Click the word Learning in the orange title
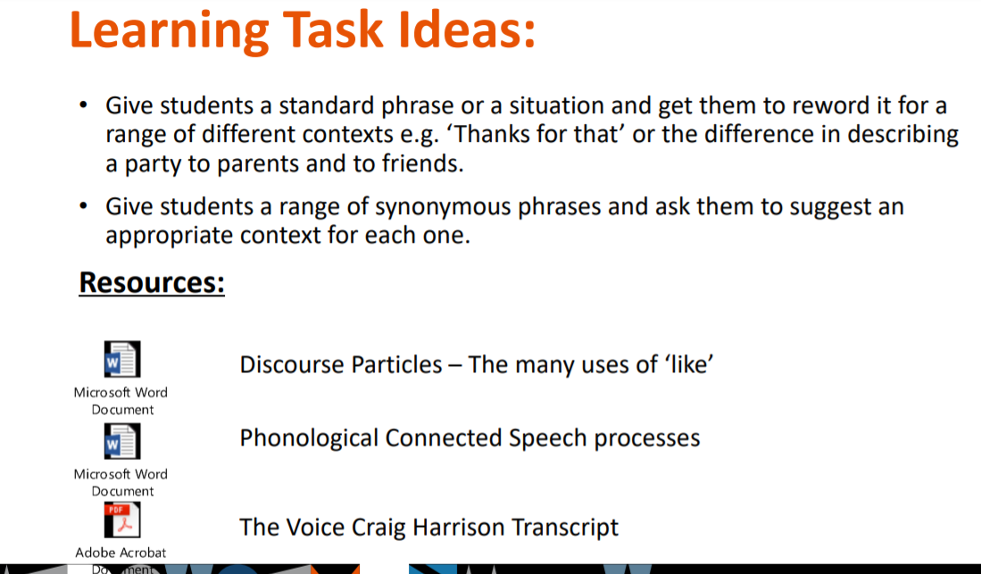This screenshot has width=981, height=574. click(170, 32)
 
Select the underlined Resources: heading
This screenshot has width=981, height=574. click(152, 282)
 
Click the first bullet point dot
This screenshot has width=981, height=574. click(83, 104)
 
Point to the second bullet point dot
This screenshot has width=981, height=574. click(83, 205)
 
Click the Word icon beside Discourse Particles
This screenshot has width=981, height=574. click(122, 359)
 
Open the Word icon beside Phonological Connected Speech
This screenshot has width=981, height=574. click(122, 441)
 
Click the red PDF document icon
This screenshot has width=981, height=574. click(122, 520)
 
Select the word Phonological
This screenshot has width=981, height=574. click(309, 439)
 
